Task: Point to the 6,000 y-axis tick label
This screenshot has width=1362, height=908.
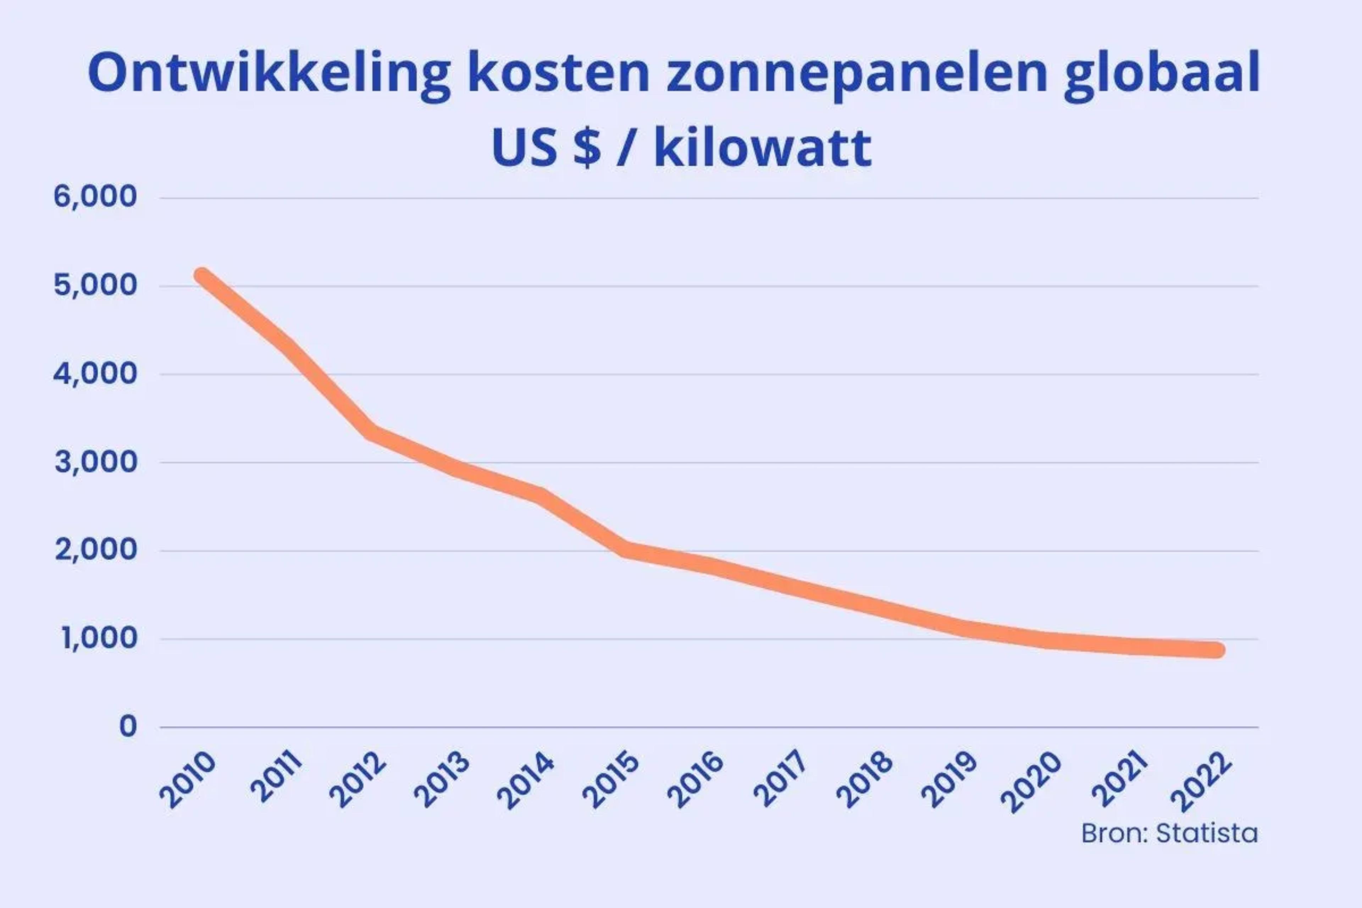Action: click(95, 197)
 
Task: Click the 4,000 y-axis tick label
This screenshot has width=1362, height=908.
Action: click(95, 374)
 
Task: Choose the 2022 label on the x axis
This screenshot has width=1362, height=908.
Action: click(1201, 782)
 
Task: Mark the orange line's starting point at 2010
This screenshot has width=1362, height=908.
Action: click(202, 276)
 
